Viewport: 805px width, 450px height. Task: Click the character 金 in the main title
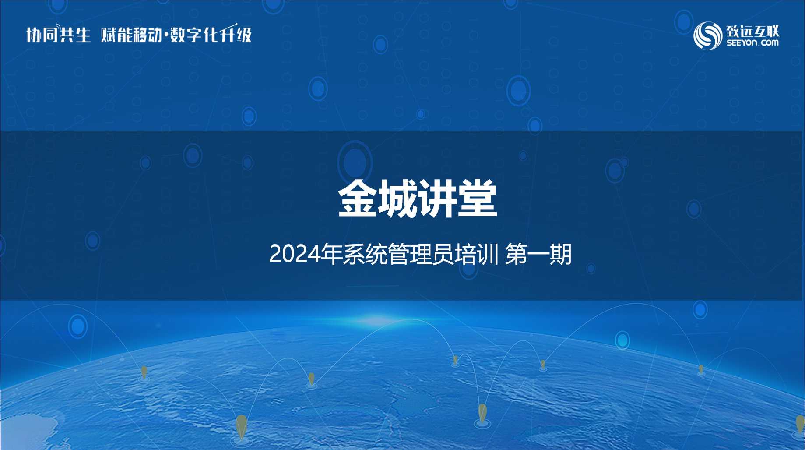[358, 199]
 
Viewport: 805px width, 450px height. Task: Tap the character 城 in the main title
[397, 199]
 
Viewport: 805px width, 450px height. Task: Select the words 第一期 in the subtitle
[538, 255]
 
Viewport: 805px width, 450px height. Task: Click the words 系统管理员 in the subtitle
[399, 255]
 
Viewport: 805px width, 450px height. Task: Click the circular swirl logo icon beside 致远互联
[707, 35]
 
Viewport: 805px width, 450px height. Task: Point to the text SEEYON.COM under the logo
[752, 43]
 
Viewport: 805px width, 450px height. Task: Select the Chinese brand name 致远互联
[753, 31]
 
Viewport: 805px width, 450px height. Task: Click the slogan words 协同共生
[58, 34]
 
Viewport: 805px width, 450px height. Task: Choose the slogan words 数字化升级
[211, 34]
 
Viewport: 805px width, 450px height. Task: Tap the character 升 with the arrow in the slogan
[228, 33]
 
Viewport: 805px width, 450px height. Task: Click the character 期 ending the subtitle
[561, 255]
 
